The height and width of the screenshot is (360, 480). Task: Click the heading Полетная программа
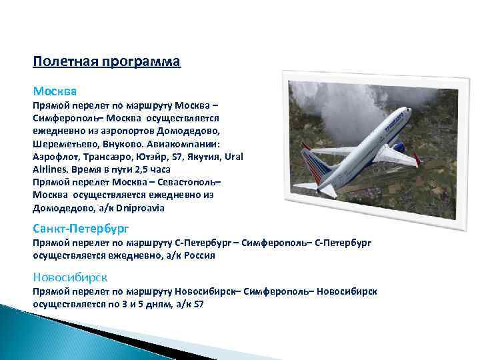(x=107, y=62)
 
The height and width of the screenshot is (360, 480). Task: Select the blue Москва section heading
(x=55, y=90)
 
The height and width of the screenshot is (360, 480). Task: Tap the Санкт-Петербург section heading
(x=81, y=229)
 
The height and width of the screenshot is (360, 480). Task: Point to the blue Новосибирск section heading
(x=70, y=277)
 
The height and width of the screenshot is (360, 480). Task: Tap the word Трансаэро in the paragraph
(x=110, y=157)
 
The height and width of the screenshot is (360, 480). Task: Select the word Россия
(x=198, y=255)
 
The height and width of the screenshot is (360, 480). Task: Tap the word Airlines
(x=51, y=169)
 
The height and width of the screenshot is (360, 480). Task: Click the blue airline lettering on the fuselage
(x=397, y=119)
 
